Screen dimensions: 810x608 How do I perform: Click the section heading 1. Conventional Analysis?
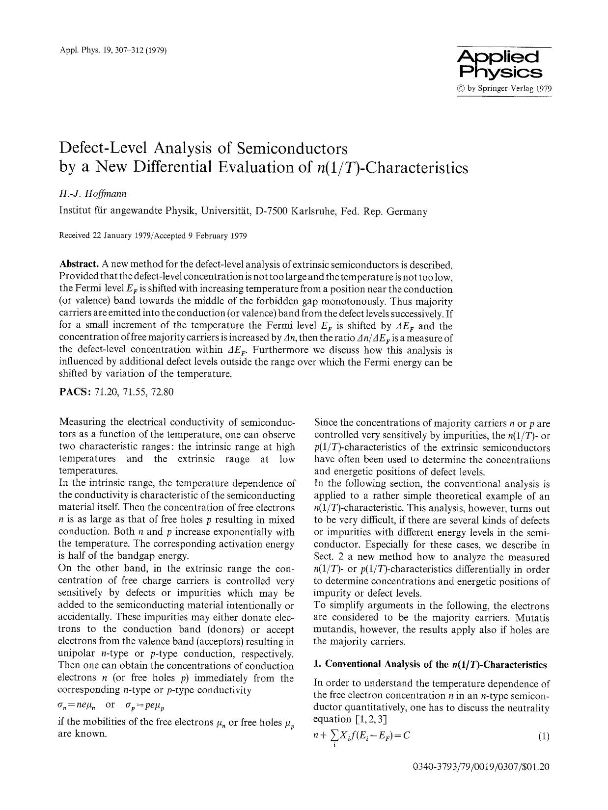(430, 664)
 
